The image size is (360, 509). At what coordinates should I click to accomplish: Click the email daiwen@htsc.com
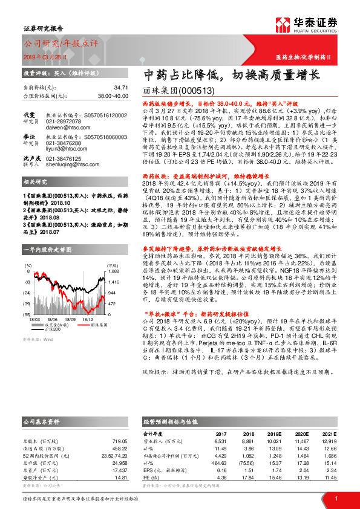(x=65, y=128)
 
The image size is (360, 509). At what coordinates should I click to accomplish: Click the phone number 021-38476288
(x=66, y=159)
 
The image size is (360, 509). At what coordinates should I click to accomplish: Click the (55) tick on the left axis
(x=27, y=315)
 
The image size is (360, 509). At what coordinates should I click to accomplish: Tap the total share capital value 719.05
(x=120, y=441)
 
